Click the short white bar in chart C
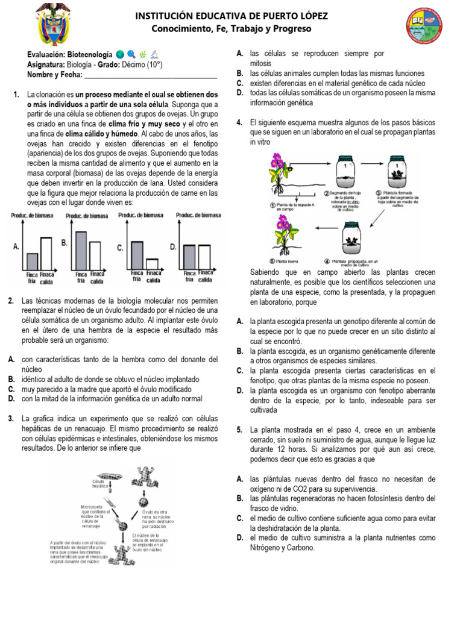(153, 264)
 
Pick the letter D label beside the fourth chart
(173, 247)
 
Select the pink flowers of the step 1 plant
(278, 162)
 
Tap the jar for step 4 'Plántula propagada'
(351, 239)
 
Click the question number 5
(239, 430)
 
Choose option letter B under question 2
(11, 379)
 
